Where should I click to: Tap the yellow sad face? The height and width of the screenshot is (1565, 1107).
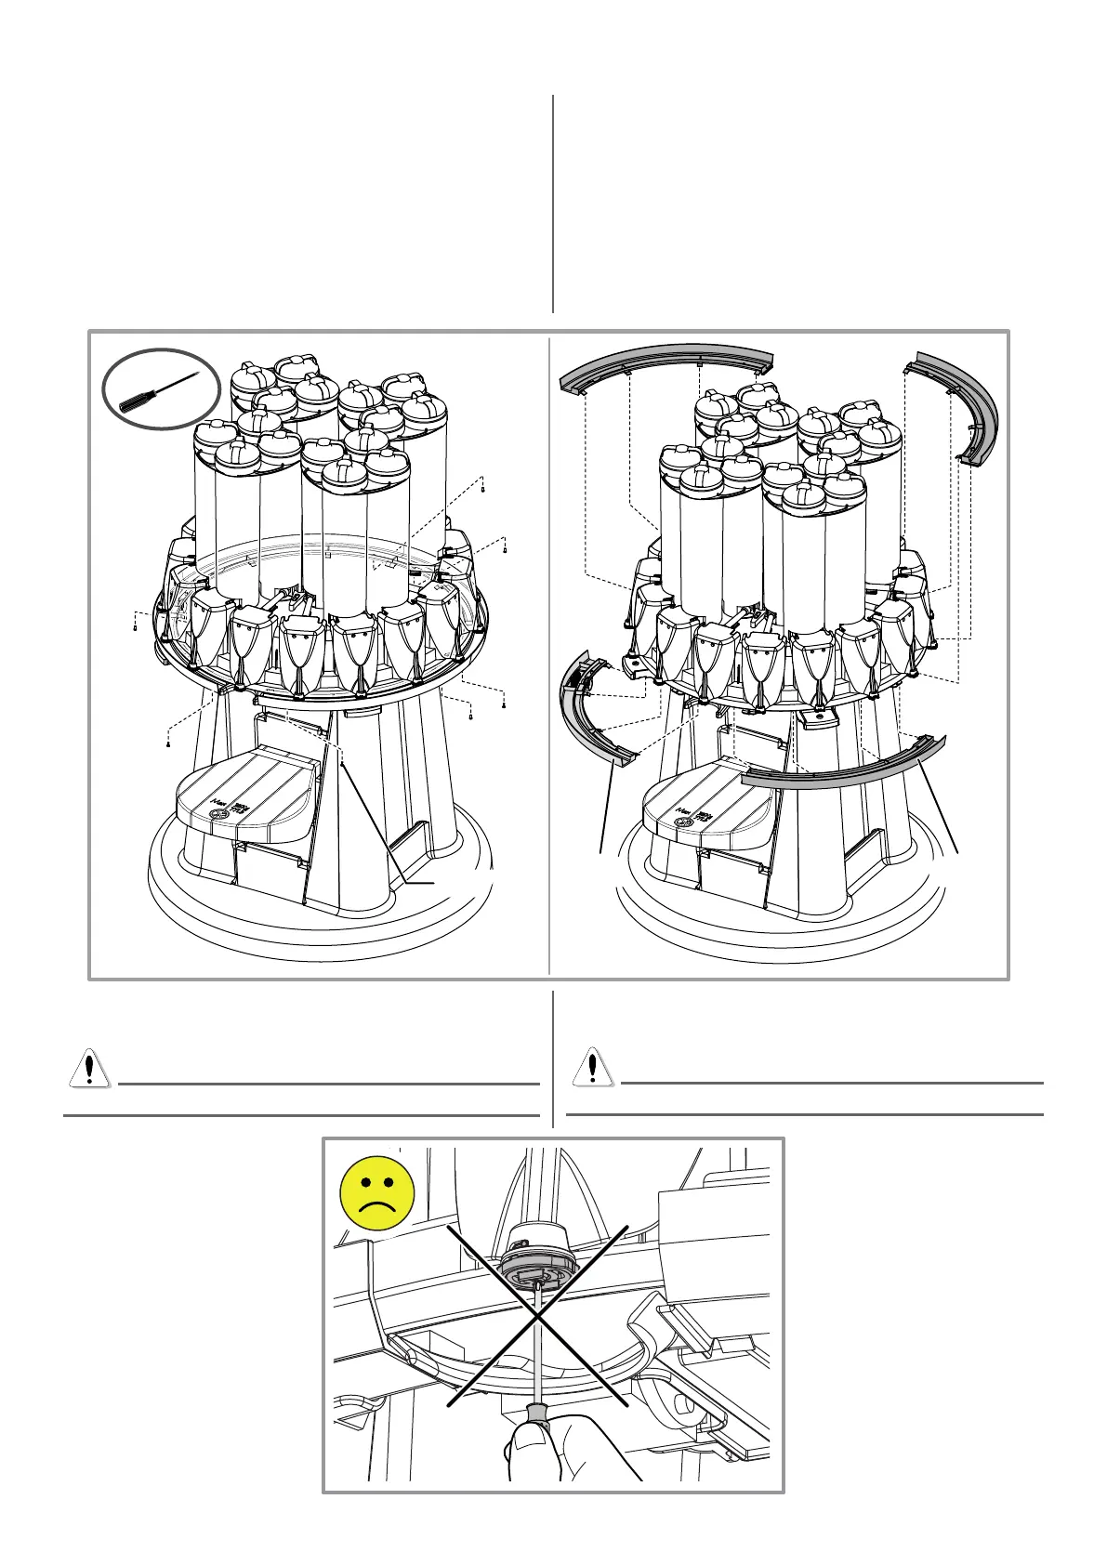(376, 1193)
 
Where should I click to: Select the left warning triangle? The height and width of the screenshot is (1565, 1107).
(88, 1070)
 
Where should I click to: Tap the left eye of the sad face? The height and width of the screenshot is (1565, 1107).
(363, 1186)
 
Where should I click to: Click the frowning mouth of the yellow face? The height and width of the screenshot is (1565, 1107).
(376, 1209)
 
